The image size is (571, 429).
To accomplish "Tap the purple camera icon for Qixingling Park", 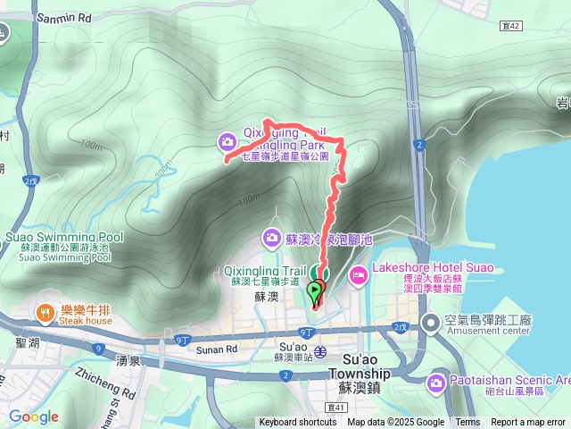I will click(x=228, y=140).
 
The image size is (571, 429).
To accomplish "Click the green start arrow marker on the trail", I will click(x=316, y=290).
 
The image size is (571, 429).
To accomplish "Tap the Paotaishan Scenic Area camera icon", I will click(x=435, y=384).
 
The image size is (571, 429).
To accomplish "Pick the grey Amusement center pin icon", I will click(x=430, y=323).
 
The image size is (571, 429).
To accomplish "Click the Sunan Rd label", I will click(x=216, y=349).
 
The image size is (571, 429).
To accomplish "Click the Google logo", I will click(x=33, y=416).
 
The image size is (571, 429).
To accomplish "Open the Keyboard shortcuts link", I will click(x=298, y=423).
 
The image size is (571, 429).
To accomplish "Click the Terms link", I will click(x=468, y=423).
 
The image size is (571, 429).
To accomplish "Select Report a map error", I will click(x=529, y=423).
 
